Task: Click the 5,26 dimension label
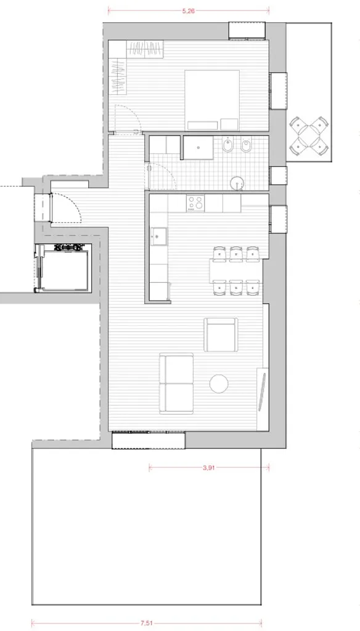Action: pos(189,11)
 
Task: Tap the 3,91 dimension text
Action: pos(208,468)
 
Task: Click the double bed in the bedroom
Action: pos(212,100)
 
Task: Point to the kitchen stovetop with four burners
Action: pos(195,203)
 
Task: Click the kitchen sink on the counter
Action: pos(159,236)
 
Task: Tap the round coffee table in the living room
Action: pos(219,383)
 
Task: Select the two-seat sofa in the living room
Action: pos(176,383)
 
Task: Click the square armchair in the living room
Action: pos(221,335)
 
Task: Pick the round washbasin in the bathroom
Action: pos(237,184)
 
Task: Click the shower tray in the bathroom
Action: pos(198,148)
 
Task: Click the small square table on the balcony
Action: pos(309,136)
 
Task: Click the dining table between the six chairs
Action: pos(236,271)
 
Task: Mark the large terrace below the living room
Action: pos(147,526)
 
